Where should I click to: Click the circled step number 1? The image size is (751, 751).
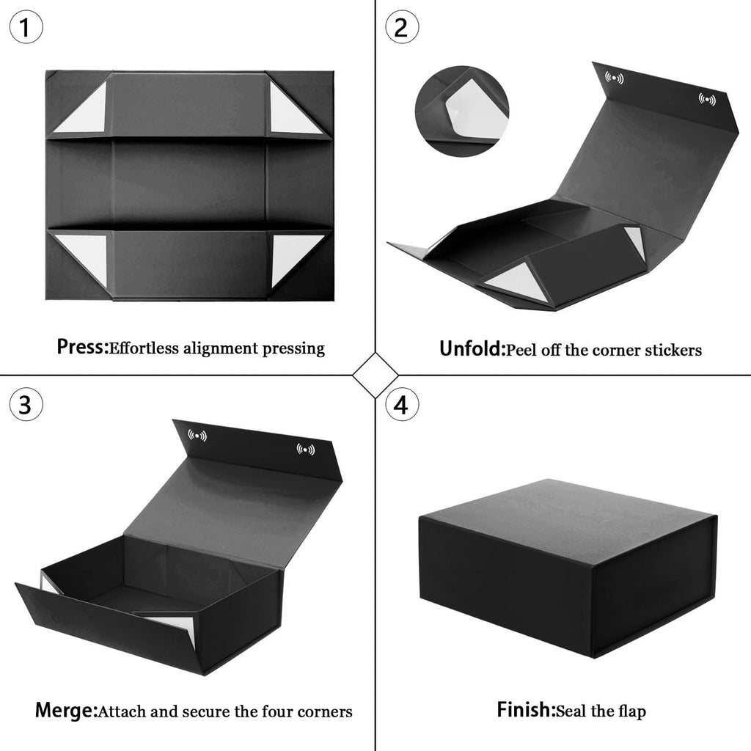(x=26, y=27)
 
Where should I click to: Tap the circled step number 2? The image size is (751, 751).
(x=402, y=27)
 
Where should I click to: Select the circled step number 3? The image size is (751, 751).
(x=26, y=404)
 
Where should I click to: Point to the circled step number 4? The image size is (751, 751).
(x=402, y=404)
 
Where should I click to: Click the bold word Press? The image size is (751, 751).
(x=82, y=347)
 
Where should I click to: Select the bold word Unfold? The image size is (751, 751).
(x=472, y=348)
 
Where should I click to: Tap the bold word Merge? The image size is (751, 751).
(x=65, y=710)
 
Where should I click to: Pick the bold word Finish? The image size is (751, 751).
(x=525, y=709)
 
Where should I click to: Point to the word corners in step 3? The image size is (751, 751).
(x=325, y=711)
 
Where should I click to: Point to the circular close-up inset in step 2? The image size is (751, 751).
(x=462, y=111)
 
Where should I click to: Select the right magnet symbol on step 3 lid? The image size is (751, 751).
(x=306, y=450)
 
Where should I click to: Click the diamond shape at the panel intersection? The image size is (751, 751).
(x=375, y=375)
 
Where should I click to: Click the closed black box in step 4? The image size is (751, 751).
(x=568, y=568)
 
